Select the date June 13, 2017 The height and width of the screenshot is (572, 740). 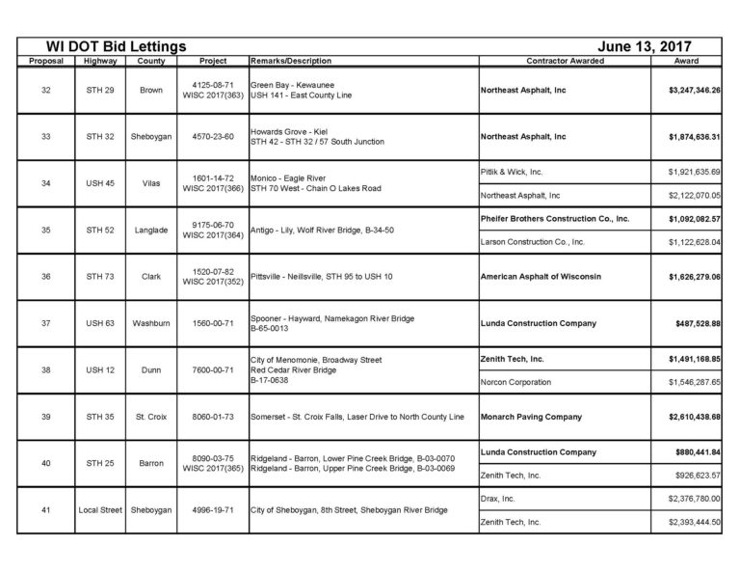(645, 46)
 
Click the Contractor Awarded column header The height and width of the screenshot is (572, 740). (566, 61)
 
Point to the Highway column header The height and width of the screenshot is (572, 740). (100, 61)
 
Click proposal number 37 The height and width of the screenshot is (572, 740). (46, 323)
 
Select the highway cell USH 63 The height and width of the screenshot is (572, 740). (100, 323)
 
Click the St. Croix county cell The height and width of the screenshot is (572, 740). (151, 417)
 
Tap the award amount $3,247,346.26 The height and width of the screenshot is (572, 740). (694, 90)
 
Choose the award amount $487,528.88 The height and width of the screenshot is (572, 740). (698, 323)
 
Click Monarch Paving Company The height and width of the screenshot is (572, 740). (531, 417)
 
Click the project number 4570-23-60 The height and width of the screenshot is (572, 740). (209, 137)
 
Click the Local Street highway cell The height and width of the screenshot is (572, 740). (100, 510)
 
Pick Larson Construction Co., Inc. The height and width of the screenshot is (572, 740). (532, 242)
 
